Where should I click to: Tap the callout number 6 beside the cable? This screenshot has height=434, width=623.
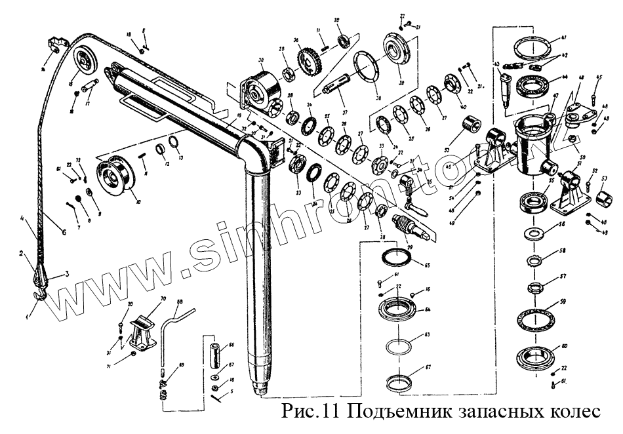pos(64,231)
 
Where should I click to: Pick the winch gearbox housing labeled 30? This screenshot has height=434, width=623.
pos(260,91)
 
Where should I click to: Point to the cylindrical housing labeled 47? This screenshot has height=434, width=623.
pos(531,144)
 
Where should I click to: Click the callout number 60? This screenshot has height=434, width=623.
pos(565,345)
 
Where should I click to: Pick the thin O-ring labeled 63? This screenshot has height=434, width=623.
pos(397,344)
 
